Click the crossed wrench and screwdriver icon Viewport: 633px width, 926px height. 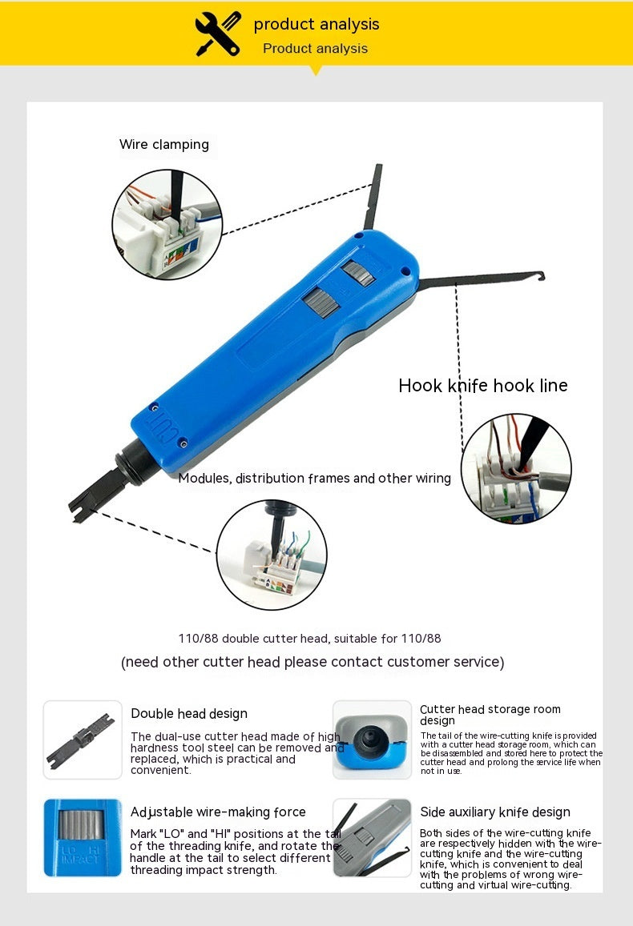[x=218, y=34]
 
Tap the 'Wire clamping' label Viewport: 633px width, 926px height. [x=164, y=145]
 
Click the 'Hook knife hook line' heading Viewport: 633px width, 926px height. [x=483, y=386]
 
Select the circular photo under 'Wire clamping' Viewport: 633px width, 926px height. [x=167, y=224]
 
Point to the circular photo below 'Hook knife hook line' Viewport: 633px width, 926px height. [x=517, y=468]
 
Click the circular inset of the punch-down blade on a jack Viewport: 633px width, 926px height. [x=272, y=555]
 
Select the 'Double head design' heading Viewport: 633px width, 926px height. [x=189, y=713]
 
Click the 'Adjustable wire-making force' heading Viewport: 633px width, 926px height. [x=218, y=812]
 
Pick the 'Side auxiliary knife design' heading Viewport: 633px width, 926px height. [x=495, y=812]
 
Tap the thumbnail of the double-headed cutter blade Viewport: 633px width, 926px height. [x=83, y=740]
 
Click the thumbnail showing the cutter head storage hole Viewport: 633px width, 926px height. [x=373, y=740]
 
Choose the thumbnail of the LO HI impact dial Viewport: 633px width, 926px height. [x=83, y=838]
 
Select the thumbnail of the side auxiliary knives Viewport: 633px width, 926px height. [x=373, y=838]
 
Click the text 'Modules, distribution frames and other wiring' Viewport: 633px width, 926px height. [x=315, y=479]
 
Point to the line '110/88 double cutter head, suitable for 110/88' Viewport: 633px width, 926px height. [x=310, y=639]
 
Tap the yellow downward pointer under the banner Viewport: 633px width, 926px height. [x=316, y=70]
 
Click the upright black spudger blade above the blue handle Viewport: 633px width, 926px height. [x=373, y=197]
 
